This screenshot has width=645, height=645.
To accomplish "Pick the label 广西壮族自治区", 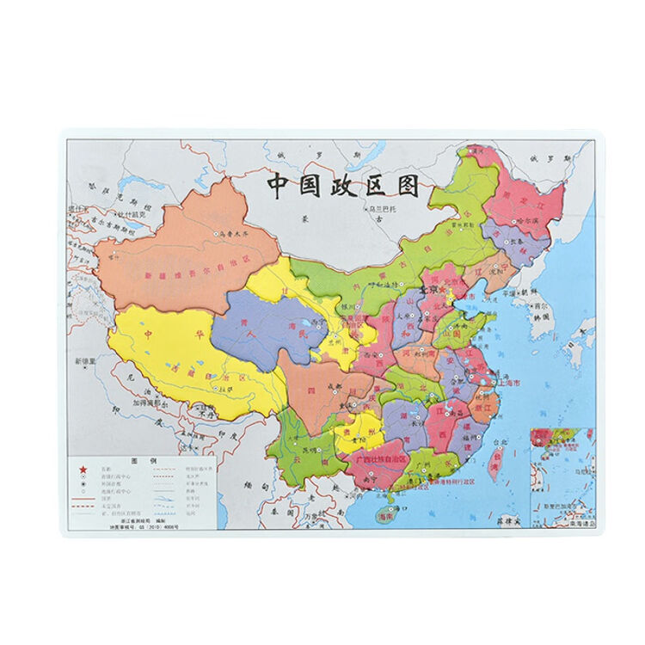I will click(x=381, y=459).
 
